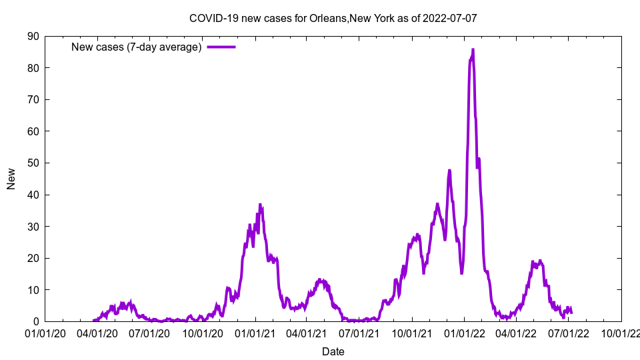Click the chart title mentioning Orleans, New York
coord(333,18)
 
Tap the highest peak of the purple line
coord(473,50)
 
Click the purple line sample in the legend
coord(221,47)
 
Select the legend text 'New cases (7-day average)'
coord(136,47)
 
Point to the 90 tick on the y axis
coord(33,36)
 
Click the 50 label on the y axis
coord(33,163)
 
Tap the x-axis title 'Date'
coord(333,351)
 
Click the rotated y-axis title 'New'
coord(11,179)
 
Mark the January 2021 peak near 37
coord(260,205)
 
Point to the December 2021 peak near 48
coord(449,171)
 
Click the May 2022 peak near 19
coord(540,261)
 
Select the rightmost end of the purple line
coord(571,313)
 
